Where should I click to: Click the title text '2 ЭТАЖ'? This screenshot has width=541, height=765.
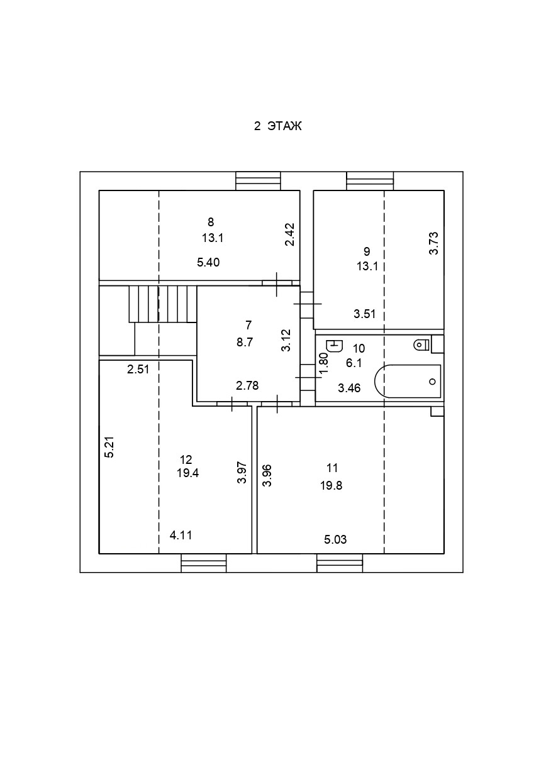click(278, 126)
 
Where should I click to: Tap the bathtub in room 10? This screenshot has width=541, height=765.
click(408, 381)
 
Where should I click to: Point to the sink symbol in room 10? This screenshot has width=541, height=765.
click(335, 345)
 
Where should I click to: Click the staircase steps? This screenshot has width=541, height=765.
click(162, 304)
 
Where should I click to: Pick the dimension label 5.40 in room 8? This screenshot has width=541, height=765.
click(208, 263)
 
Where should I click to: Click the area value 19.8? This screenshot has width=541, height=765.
click(333, 485)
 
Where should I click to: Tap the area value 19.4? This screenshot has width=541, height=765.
click(187, 474)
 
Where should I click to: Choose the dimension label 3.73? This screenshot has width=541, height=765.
click(433, 243)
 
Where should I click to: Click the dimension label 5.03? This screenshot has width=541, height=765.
click(335, 539)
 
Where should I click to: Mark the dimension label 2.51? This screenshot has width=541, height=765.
click(138, 370)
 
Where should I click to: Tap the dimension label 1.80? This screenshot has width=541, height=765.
click(324, 364)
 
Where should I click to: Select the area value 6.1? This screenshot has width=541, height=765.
click(354, 363)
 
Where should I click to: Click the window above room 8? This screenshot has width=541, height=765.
click(258, 181)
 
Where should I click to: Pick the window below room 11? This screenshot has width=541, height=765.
click(340, 563)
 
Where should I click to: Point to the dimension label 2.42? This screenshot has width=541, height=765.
click(290, 235)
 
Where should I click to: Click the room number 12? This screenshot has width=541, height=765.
click(186, 459)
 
